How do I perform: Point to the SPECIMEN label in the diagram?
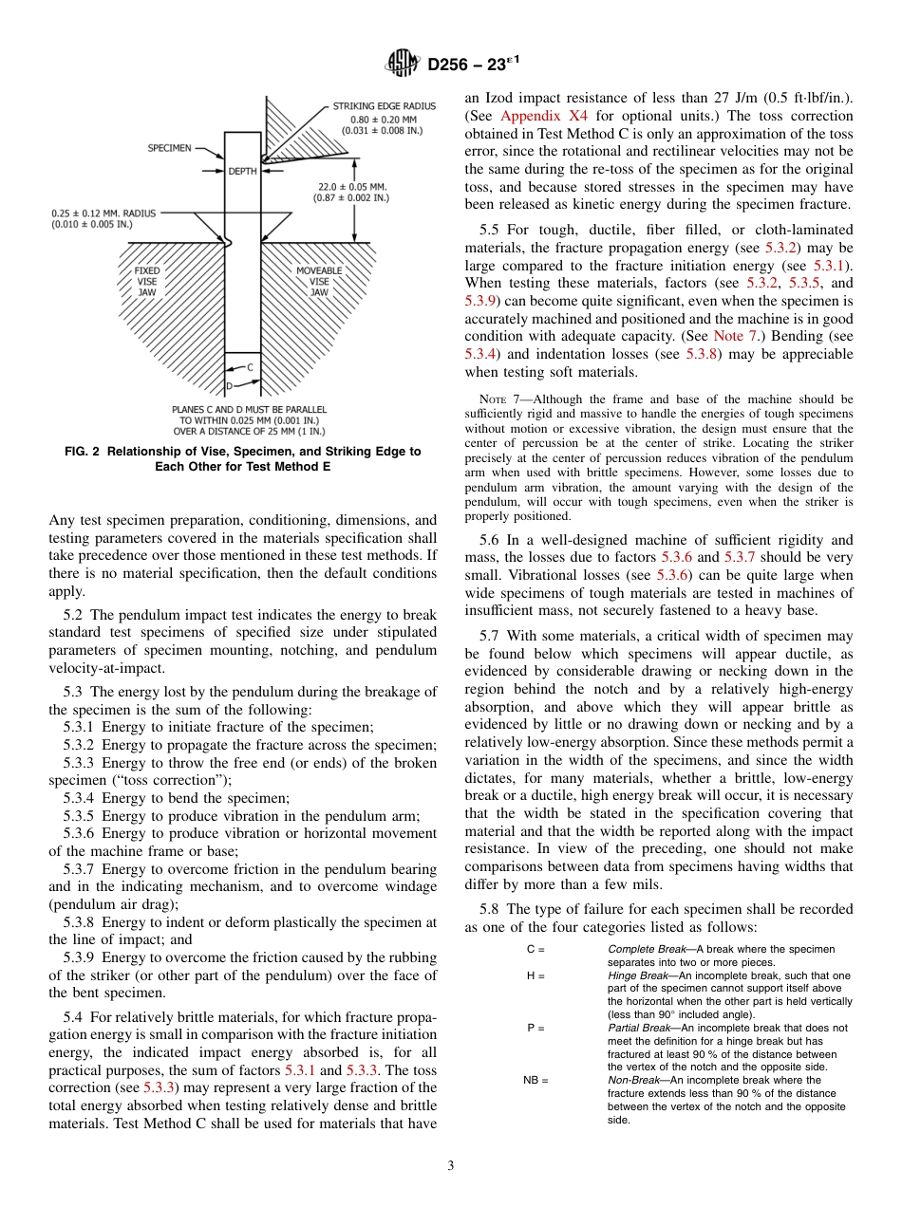pyautogui.click(x=170, y=148)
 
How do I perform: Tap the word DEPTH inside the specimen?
pyautogui.click(x=243, y=171)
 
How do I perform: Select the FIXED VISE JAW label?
pyautogui.click(x=147, y=281)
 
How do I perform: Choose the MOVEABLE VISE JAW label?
pyautogui.click(x=319, y=281)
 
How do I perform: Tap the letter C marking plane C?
pyautogui.click(x=251, y=366)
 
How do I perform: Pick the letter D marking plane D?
pyautogui.click(x=229, y=386)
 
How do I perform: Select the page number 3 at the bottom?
pyautogui.click(x=450, y=1165)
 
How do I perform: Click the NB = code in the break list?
pyautogui.click(x=536, y=1080)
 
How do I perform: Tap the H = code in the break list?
pyautogui.click(x=535, y=975)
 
